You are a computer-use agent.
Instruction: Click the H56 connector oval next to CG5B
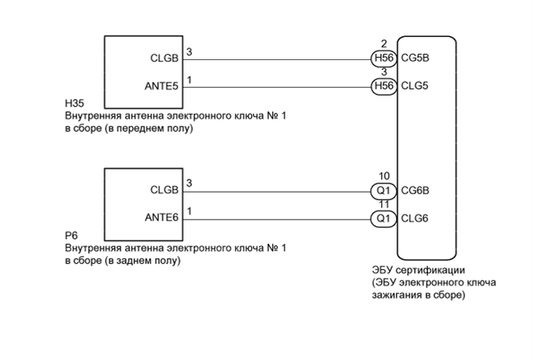click(383, 58)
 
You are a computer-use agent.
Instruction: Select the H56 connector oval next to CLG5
click(383, 86)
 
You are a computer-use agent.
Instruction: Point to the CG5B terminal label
click(417, 58)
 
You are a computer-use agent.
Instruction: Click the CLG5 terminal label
click(416, 86)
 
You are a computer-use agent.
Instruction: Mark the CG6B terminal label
click(417, 190)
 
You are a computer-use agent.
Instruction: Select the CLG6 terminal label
click(416, 219)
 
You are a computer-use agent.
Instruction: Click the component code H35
click(75, 103)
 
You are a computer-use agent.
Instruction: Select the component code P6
click(72, 235)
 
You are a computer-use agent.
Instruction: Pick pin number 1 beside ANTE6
click(190, 211)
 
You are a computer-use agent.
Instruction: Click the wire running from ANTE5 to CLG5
click(278, 86)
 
